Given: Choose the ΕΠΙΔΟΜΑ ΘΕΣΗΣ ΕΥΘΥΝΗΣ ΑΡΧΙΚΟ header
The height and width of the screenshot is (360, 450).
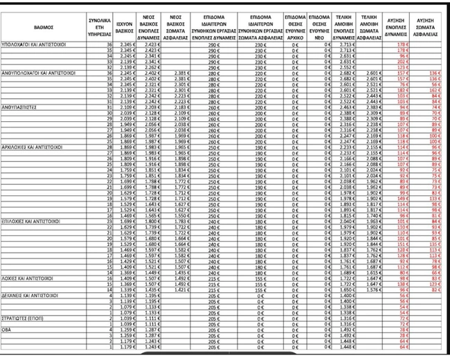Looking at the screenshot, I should click(295, 26).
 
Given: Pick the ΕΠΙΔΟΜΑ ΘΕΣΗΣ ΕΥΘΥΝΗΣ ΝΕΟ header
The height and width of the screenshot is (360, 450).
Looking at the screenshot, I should click(320, 26).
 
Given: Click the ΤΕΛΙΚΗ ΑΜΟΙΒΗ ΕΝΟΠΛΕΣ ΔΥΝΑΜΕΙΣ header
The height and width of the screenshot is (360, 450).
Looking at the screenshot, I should click(345, 26).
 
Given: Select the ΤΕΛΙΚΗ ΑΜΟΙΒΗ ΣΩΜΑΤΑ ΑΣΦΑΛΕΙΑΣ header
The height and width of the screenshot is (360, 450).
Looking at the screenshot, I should click(372, 26).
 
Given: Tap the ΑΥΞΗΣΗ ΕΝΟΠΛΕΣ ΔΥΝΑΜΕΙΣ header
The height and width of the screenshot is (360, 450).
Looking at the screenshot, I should click(399, 26).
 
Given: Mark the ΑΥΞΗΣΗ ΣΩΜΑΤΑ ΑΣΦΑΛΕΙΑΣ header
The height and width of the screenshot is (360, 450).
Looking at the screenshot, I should click(427, 26).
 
